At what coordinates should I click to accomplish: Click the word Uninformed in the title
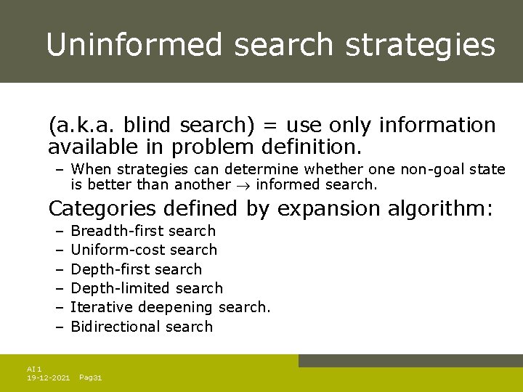(x=134, y=45)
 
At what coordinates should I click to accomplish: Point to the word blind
(x=139, y=126)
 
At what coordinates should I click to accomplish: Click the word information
(x=437, y=126)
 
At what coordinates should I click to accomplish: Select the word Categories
(x=102, y=209)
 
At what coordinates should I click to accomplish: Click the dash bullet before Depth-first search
(x=59, y=269)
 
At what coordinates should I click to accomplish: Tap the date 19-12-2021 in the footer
(x=48, y=378)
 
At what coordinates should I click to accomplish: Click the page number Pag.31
(x=90, y=378)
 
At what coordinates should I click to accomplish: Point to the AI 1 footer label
(x=34, y=369)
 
